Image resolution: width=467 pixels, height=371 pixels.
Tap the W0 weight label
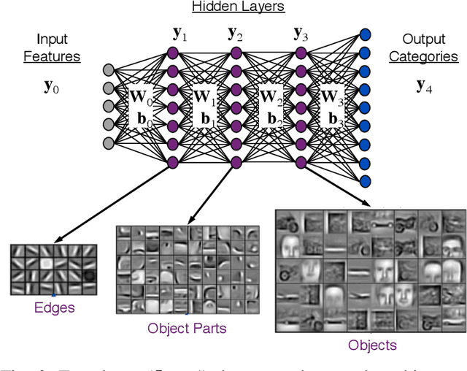click(x=141, y=96)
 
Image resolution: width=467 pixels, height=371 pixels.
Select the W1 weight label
click(x=204, y=96)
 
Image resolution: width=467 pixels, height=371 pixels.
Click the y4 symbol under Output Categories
click(x=424, y=86)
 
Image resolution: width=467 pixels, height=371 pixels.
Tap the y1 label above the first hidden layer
click(x=179, y=33)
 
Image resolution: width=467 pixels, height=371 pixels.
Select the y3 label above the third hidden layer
click(x=301, y=33)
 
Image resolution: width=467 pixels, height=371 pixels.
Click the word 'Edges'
click(x=55, y=307)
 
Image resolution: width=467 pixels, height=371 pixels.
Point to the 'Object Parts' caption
click(x=187, y=328)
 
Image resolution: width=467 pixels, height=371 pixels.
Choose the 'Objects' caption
click(x=372, y=345)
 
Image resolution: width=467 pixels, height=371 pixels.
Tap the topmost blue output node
click(x=366, y=34)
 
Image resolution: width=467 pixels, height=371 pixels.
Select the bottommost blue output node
click(x=366, y=181)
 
